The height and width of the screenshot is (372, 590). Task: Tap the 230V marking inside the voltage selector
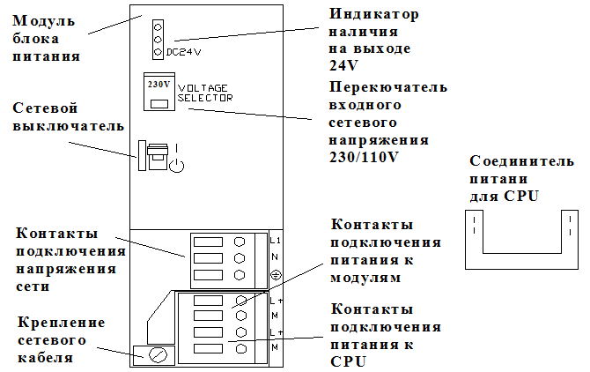(158, 86)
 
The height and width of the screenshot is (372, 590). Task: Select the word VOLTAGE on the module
(203, 89)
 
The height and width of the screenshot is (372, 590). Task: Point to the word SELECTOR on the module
(205, 99)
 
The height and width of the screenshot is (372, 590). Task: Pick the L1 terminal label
(274, 240)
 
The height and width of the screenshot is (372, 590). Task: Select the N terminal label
(273, 257)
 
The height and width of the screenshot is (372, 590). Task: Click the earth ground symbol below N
(274, 274)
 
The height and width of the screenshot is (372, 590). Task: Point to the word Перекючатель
(387, 88)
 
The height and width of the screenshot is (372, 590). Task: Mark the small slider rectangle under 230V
(159, 104)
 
